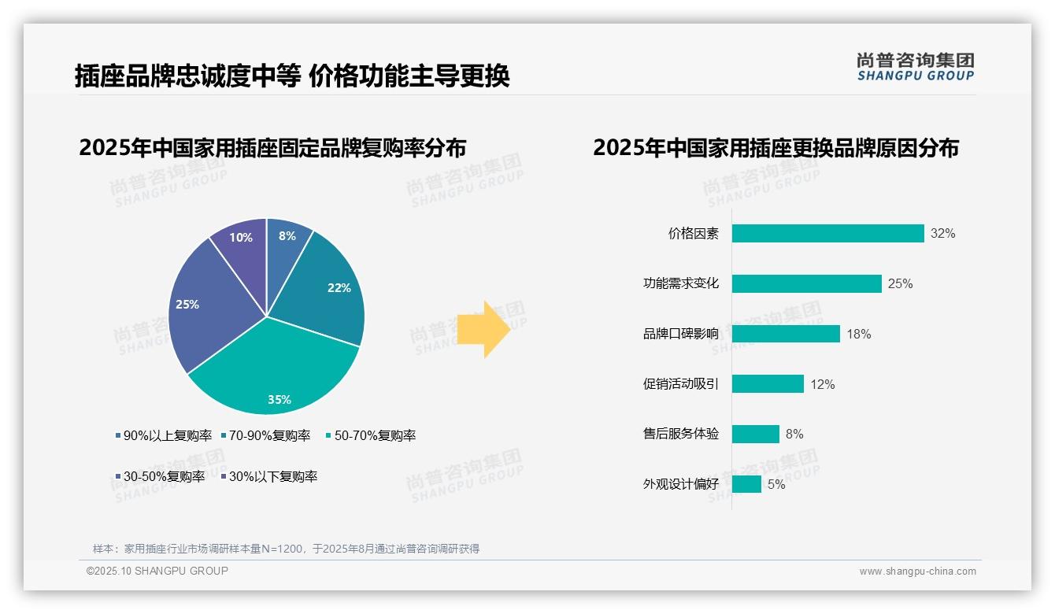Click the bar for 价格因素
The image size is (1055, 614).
(x=827, y=234)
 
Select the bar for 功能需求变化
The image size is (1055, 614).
(x=806, y=283)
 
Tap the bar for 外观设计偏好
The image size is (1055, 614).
(x=746, y=484)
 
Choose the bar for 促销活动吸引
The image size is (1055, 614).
(x=768, y=384)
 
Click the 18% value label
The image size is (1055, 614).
(x=858, y=334)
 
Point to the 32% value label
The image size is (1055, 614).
(x=942, y=234)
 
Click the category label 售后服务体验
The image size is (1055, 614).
(x=680, y=434)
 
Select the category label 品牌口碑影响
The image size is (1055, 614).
(x=680, y=334)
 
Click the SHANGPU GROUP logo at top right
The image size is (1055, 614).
(x=915, y=67)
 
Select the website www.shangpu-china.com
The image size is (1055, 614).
(x=917, y=571)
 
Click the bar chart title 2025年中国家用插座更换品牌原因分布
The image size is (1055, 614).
(x=776, y=148)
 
